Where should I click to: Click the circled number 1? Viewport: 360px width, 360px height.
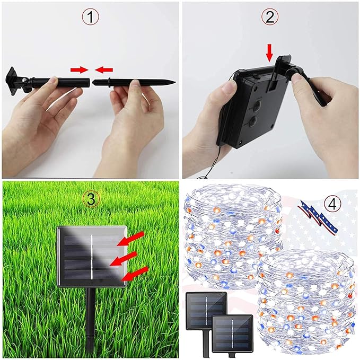click(91, 17)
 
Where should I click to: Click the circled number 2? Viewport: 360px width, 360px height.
click(270, 17)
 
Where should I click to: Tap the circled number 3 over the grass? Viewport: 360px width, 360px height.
click(91, 199)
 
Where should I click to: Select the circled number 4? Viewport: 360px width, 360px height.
click(332, 205)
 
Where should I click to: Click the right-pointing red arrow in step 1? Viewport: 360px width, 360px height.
click(80, 70)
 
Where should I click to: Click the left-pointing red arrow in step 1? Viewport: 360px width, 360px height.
click(104, 69)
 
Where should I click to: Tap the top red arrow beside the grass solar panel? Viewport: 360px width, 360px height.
click(130, 239)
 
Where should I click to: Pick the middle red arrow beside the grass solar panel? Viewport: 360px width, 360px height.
click(124, 259)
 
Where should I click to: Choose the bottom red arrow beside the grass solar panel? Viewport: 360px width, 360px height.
click(135, 274)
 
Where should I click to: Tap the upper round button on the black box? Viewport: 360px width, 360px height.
click(256, 106)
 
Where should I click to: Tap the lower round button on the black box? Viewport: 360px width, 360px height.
click(253, 120)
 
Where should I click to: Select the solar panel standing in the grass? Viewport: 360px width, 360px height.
click(92, 257)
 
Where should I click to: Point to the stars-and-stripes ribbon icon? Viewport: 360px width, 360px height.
click(318, 216)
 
